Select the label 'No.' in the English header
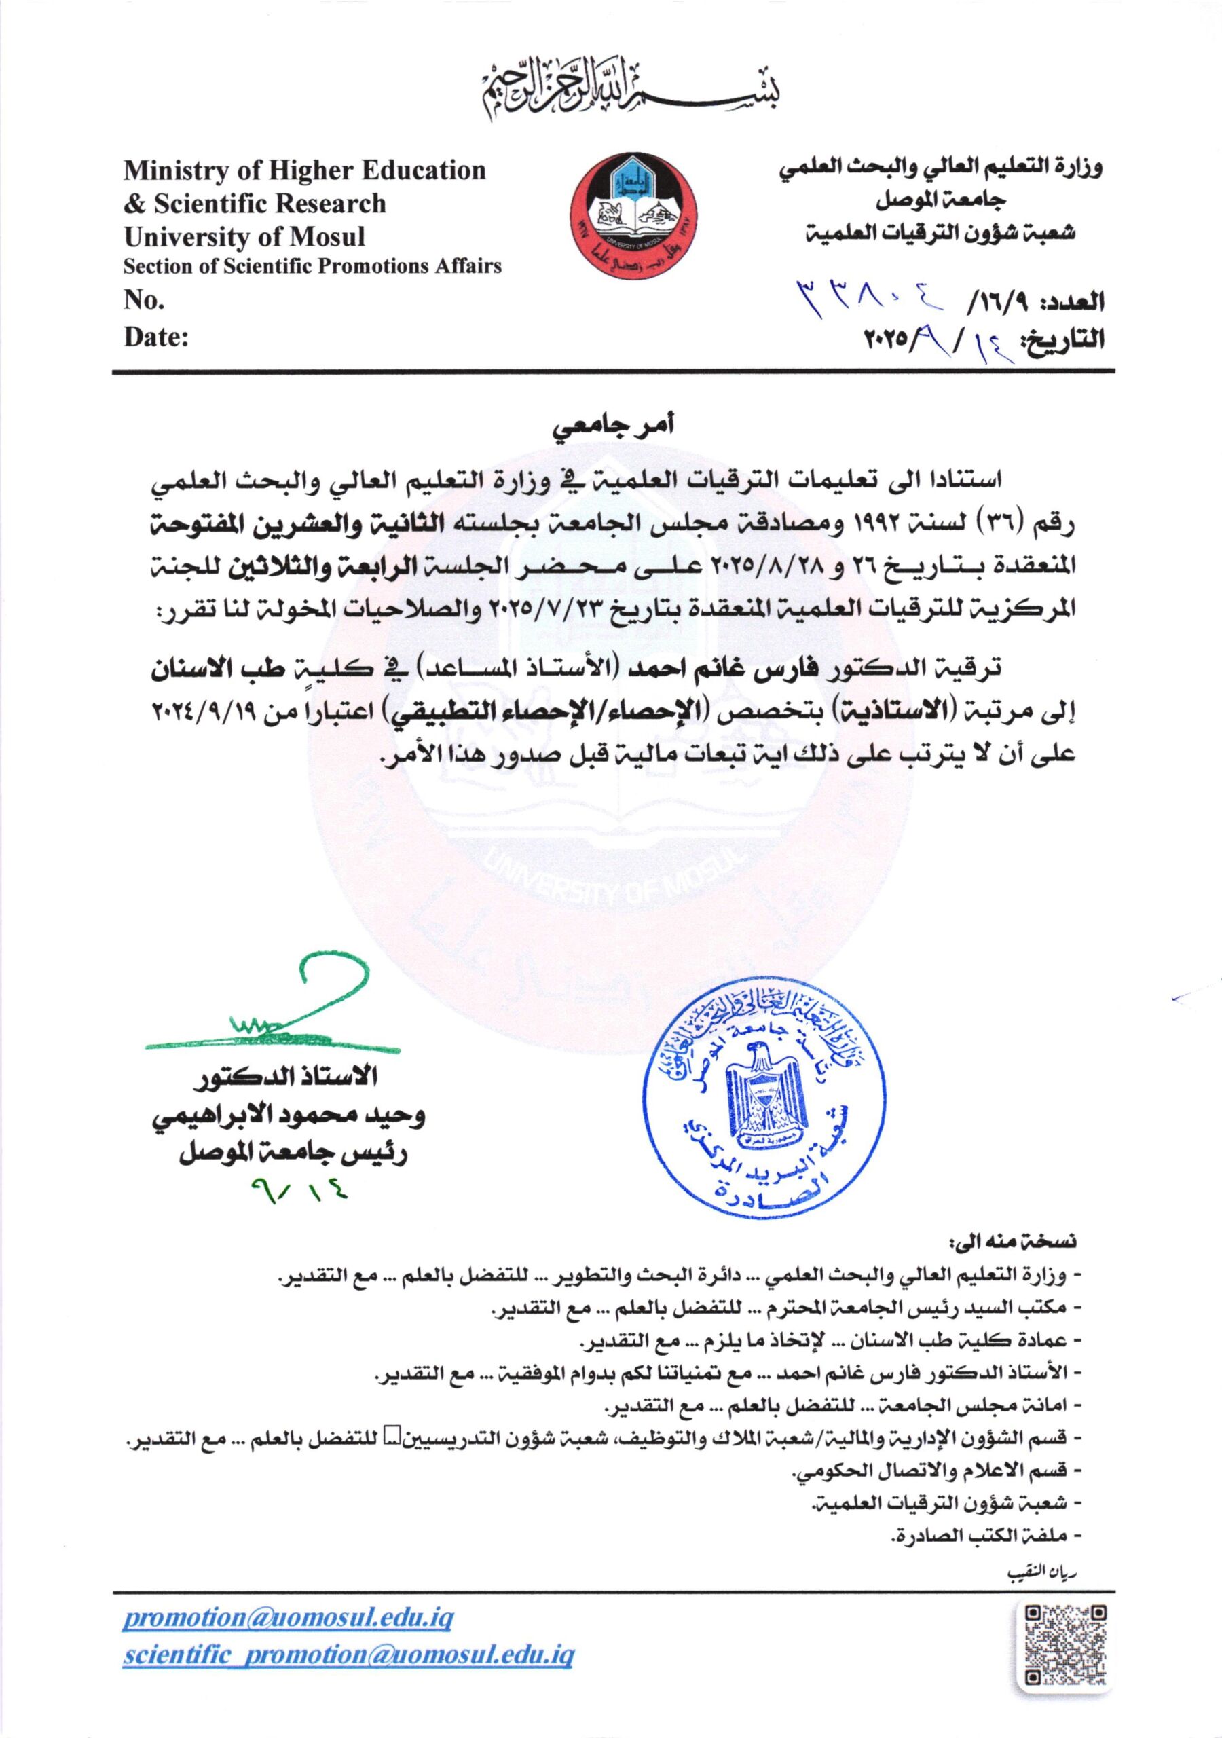coord(144,301)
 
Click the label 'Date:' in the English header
coord(156,337)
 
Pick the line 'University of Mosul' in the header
coord(244,237)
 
